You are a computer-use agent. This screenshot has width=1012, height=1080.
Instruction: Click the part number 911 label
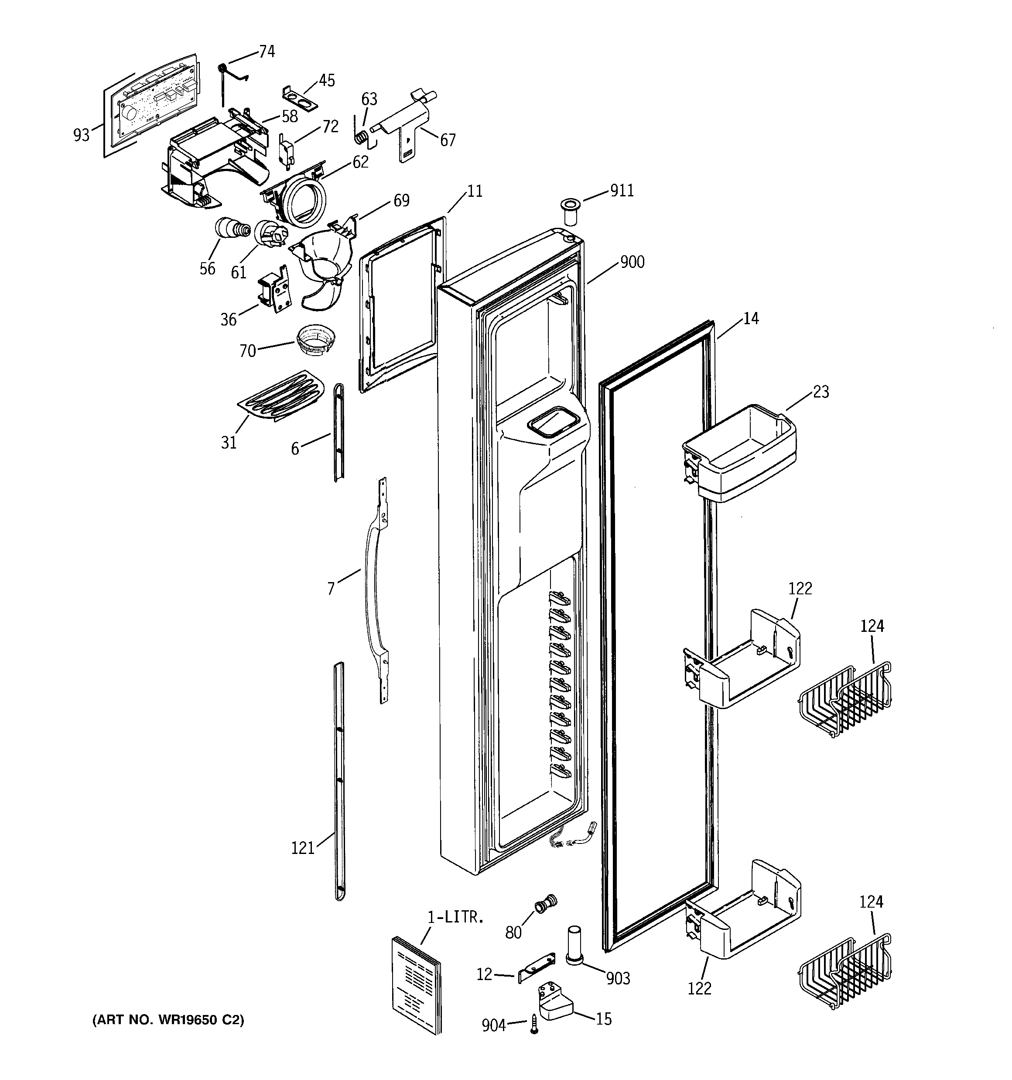point(622,191)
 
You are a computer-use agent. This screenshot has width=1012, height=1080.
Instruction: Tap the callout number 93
point(82,135)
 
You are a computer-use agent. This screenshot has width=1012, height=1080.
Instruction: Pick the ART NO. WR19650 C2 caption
point(168,1020)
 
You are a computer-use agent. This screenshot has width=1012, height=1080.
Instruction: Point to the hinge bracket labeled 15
point(553,1003)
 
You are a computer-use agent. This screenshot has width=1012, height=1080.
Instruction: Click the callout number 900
point(632,262)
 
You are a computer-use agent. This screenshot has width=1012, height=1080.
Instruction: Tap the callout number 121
point(303,847)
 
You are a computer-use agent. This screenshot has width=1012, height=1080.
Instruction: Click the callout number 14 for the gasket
point(750,319)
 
